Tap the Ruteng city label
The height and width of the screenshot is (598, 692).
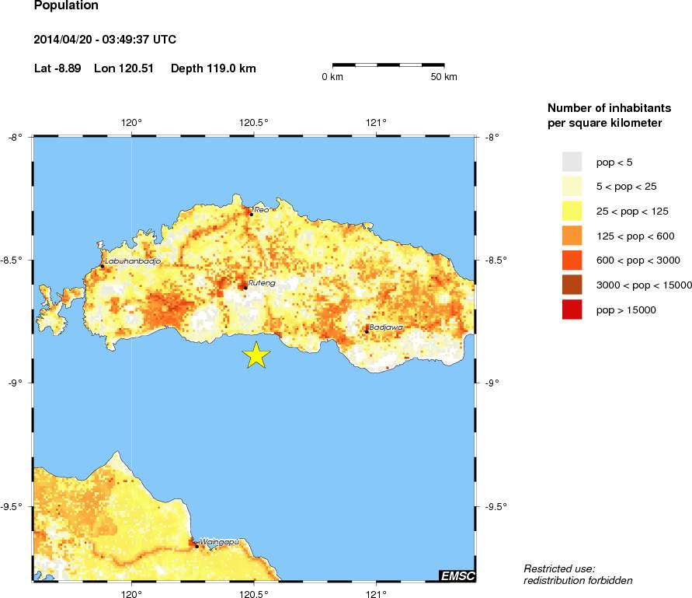click(x=262, y=283)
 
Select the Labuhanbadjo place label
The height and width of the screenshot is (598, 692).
click(x=132, y=261)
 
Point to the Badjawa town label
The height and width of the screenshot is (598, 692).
click(x=386, y=327)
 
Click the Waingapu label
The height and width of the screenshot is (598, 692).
click(x=217, y=541)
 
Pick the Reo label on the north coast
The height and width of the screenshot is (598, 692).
click(x=261, y=209)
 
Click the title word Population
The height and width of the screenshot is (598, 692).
click(x=67, y=5)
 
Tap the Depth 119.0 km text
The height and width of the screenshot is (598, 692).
click(x=213, y=68)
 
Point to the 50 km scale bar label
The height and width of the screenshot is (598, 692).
click(x=443, y=77)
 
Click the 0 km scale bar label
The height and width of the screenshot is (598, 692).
click(x=332, y=77)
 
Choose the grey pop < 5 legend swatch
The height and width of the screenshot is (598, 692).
click(x=572, y=162)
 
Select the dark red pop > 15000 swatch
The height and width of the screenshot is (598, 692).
click(x=572, y=309)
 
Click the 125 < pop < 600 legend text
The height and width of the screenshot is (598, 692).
click(x=635, y=236)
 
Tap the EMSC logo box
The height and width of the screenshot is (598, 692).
click(x=457, y=576)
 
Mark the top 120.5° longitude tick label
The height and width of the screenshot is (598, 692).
click(x=254, y=122)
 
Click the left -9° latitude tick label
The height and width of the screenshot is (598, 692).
click(x=15, y=383)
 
